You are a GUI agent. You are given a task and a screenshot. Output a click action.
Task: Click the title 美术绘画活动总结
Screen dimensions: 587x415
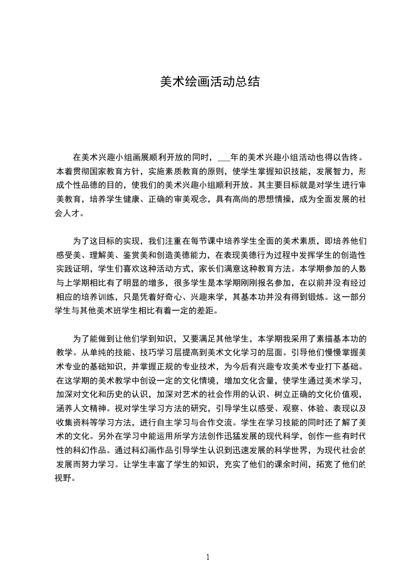point(209,83)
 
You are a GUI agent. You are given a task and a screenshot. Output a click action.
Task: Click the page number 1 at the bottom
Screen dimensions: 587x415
point(208,557)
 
